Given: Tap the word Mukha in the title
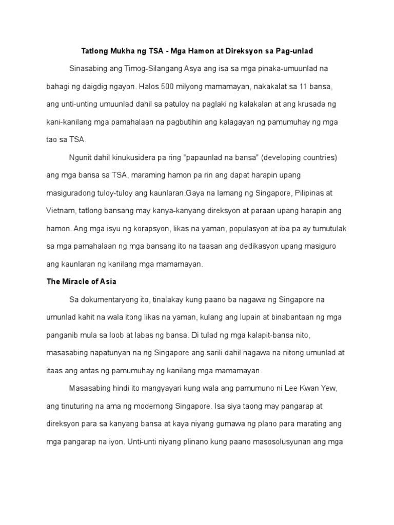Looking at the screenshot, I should click(x=119, y=52).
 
